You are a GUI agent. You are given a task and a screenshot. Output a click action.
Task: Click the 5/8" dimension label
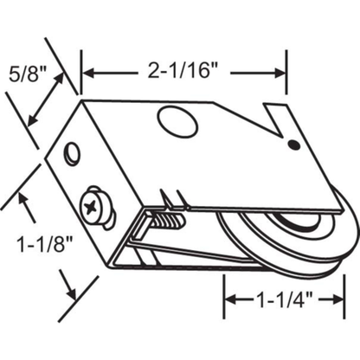22,68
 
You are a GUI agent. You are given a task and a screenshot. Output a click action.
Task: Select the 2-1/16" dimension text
183,70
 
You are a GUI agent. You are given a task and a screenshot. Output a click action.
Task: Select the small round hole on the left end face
73,154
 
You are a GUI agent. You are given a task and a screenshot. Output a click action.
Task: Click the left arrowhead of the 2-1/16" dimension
87,70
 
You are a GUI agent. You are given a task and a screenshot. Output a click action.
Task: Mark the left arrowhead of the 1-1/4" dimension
231,299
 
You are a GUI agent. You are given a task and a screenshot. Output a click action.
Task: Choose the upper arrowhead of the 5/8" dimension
64,76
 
